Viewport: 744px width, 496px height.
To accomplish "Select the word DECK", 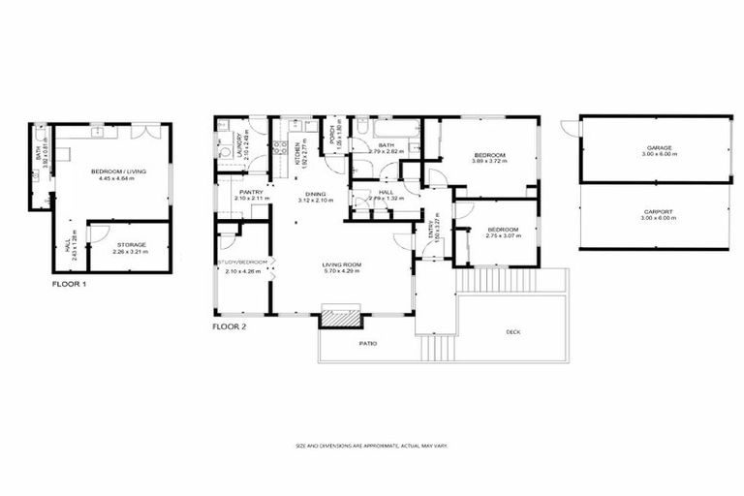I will coord(512,331).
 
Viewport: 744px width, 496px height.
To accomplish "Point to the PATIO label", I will coord(367,344).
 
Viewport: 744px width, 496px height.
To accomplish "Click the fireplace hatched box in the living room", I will coord(341,317).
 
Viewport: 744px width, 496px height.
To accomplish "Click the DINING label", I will coord(316,195).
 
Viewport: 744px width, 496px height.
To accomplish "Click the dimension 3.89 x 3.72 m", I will coord(489,162).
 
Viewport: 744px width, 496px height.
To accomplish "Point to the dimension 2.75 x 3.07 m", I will coord(502,235).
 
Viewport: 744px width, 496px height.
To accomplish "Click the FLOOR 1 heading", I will coord(70,285).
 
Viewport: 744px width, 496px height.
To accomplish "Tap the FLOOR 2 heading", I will coord(230,327).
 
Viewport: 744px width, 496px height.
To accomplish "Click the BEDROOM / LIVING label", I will coord(118,171).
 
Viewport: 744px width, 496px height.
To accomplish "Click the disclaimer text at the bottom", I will coord(371,446).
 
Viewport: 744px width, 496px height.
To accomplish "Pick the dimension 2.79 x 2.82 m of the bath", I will coord(385,152).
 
